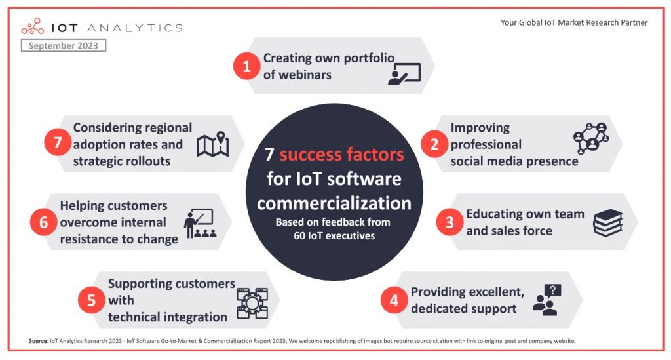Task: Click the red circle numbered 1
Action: (x=247, y=66)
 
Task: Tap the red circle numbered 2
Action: (x=434, y=144)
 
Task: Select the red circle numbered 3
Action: (x=450, y=222)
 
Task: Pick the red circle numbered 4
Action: (x=394, y=300)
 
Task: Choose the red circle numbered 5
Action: (x=91, y=300)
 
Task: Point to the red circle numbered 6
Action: (x=43, y=222)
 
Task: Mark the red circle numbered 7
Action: (x=57, y=144)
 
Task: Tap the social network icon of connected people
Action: (x=590, y=137)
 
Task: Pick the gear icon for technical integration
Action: (x=252, y=302)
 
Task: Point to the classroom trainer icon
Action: (x=200, y=224)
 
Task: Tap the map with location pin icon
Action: (x=212, y=145)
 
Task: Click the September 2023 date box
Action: (x=64, y=46)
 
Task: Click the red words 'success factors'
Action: (x=341, y=155)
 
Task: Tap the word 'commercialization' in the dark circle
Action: (x=334, y=203)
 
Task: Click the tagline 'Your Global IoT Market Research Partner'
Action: (x=574, y=22)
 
